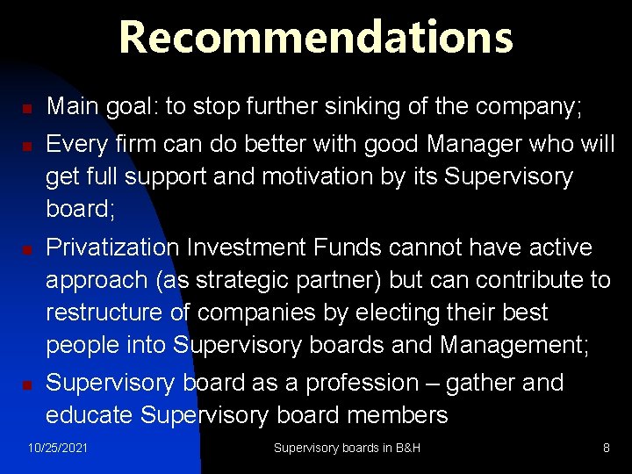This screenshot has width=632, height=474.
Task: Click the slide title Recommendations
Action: pyautogui.click(x=316, y=38)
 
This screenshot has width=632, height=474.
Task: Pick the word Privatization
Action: pyautogui.click(x=113, y=248)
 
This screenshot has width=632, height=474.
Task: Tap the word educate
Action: pyautogui.click(x=90, y=415)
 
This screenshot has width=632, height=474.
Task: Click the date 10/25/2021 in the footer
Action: pyautogui.click(x=58, y=449)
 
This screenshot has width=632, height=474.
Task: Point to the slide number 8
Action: pyautogui.click(x=606, y=449)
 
